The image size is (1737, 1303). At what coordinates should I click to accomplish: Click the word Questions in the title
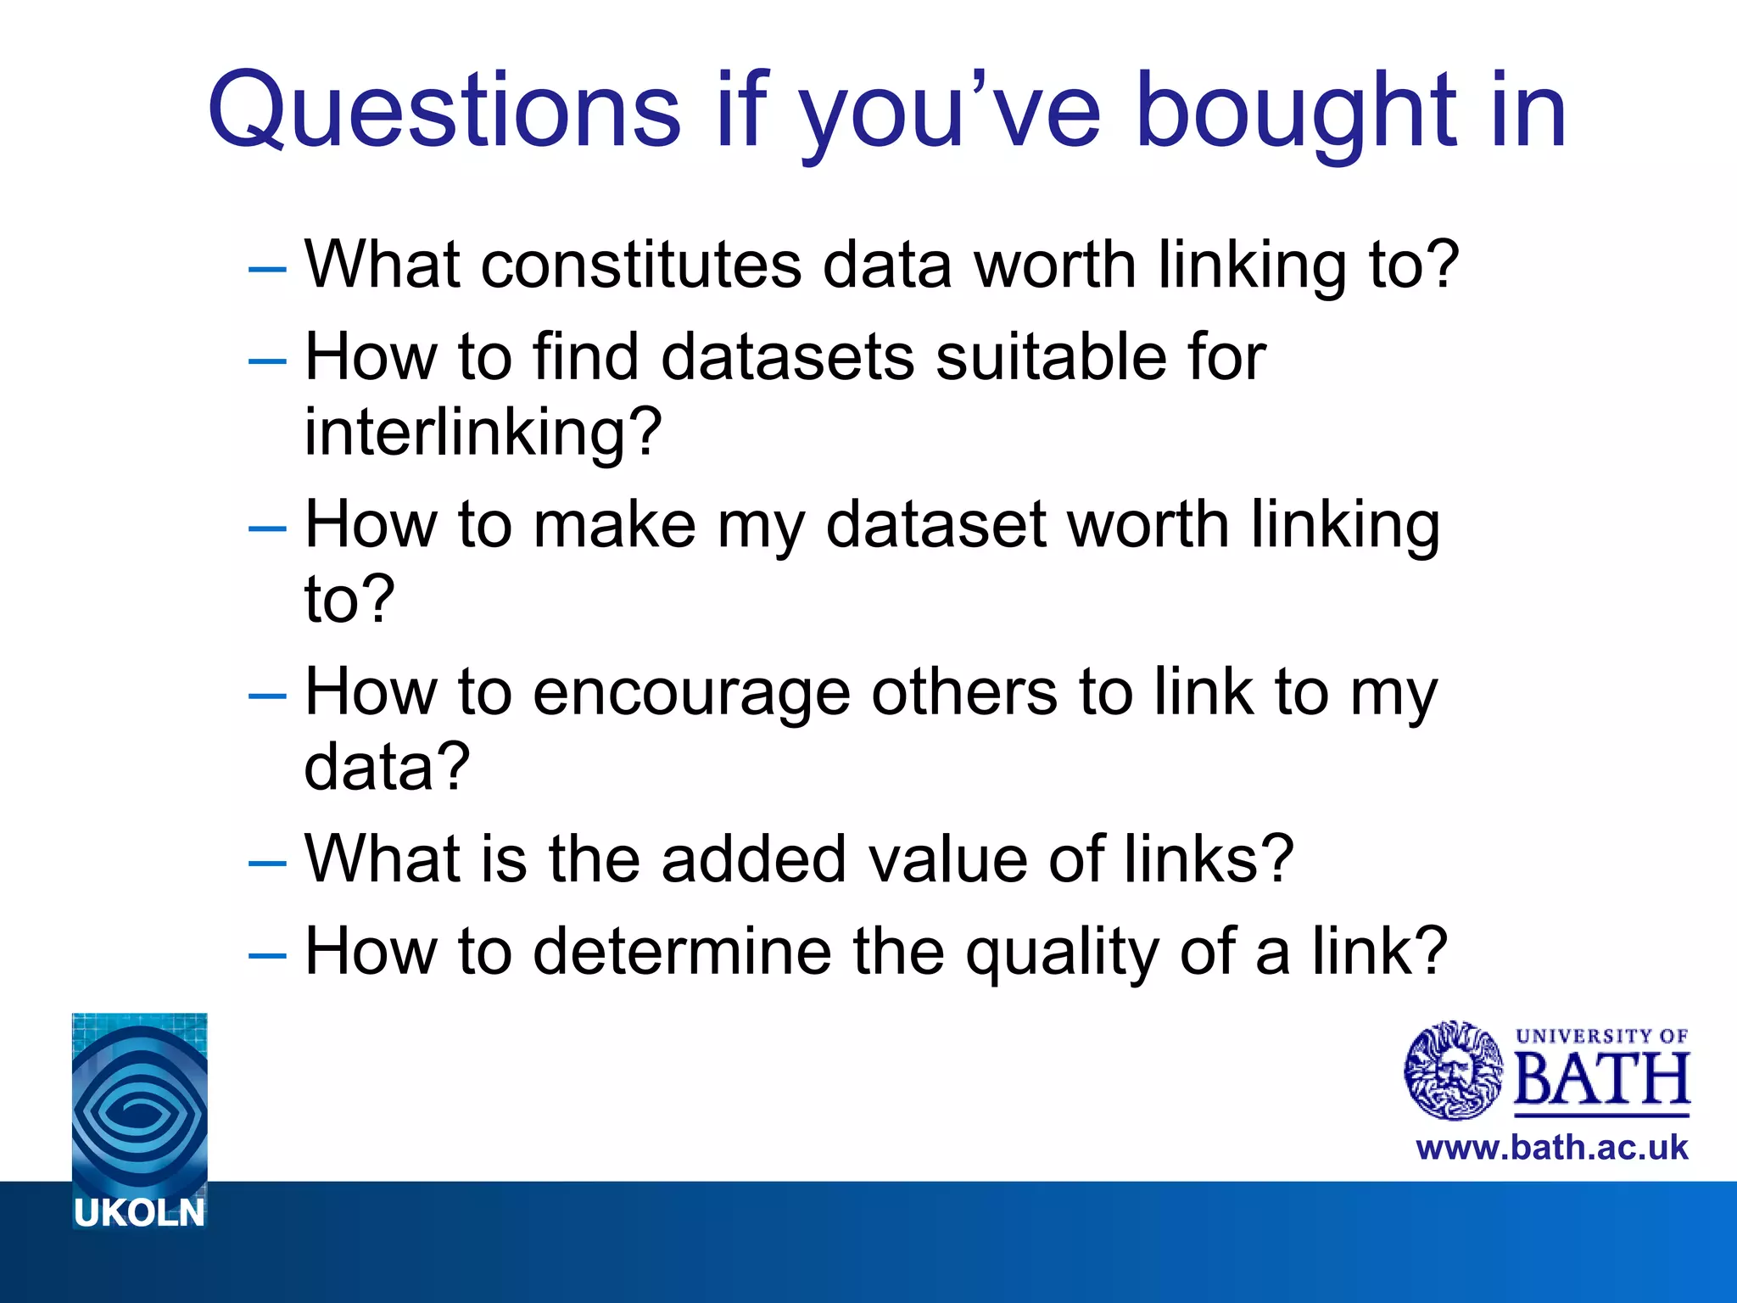click(x=444, y=111)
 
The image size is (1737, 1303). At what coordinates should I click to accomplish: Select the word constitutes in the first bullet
click(x=640, y=265)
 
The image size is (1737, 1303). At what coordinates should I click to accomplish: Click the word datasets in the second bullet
click(x=788, y=356)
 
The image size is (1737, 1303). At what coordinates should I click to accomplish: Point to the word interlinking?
click(x=483, y=432)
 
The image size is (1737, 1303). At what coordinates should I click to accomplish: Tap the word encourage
click(x=691, y=692)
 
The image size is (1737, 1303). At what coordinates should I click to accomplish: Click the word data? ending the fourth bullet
click(x=387, y=767)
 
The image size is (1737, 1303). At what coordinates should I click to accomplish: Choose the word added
click(x=753, y=859)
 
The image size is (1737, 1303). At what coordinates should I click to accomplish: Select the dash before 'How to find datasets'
click(x=267, y=361)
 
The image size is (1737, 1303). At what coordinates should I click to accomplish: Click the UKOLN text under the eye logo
click(x=140, y=1213)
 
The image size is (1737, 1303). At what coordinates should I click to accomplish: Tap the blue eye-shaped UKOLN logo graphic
click(x=140, y=1103)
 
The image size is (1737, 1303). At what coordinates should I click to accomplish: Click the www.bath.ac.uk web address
click(x=1552, y=1148)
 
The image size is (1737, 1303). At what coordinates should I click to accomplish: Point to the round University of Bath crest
click(x=1454, y=1070)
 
